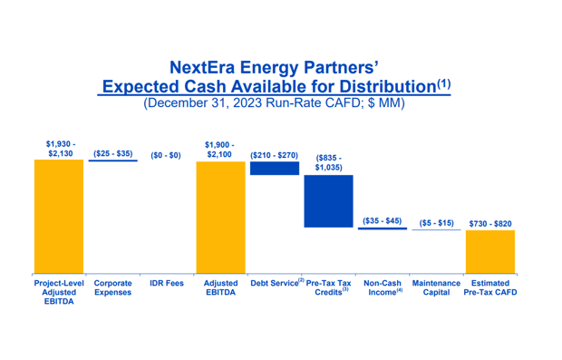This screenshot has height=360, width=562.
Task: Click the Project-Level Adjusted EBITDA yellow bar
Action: (x=58, y=216)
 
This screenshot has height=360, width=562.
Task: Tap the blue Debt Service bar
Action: (x=274, y=168)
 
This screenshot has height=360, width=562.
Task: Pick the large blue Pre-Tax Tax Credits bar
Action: (x=328, y=200)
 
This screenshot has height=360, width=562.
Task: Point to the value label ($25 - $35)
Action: (x=112, y=154)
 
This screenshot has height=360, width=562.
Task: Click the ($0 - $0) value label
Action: (x=166, y=155)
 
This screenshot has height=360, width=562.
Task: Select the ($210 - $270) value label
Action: (x=274, y=155)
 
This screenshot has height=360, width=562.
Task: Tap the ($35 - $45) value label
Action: (x=382, y=221)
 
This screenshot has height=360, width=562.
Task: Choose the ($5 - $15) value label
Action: (x=436, y=223)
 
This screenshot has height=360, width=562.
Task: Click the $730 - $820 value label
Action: (x=490, y=223)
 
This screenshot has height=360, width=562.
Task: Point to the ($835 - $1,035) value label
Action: (x=328, y=163)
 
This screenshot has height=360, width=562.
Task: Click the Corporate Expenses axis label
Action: (x=112, y=288)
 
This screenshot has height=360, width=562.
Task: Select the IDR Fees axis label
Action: (x=167, y=284)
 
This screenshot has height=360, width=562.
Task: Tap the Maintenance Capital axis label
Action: (x=436, y=288)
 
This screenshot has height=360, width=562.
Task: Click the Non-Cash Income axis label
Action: (x=382, y=288)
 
